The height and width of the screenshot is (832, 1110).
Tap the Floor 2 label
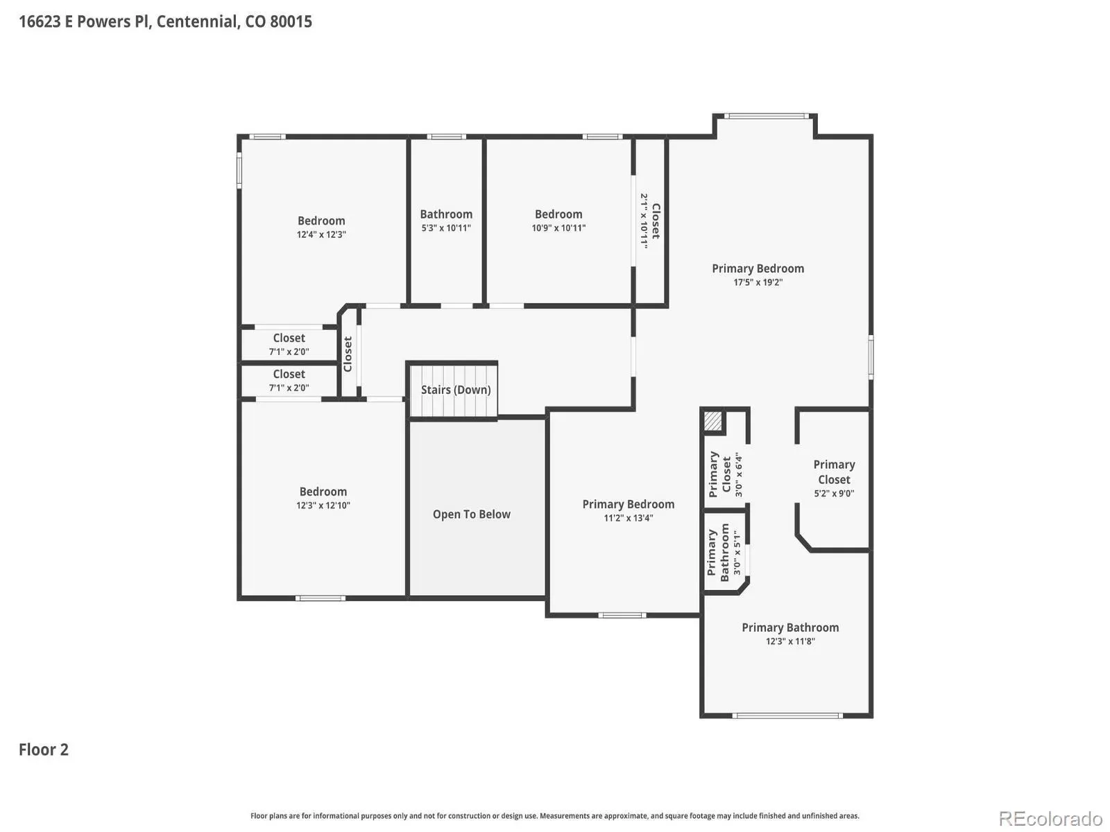pos(44,749)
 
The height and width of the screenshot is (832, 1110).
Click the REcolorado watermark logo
pos(1051,818)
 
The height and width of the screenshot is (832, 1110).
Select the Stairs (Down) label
pos(456,390)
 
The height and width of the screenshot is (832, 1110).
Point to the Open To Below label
pos(471,514)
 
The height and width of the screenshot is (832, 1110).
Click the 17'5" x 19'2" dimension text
pos(758,282)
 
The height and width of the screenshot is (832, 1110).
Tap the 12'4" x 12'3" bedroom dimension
pos(321,234)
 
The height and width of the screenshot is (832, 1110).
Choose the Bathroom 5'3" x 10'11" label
pos(446,220)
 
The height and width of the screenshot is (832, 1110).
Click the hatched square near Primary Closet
pos(713,421)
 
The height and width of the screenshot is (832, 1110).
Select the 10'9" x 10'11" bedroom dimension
pos(558,228)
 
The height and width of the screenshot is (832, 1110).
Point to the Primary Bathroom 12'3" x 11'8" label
pos(790,634)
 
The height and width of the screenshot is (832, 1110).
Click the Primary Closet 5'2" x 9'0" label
pos(834,478)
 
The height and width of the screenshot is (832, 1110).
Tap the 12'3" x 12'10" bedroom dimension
pos(323,505)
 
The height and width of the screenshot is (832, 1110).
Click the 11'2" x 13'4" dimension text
pos(628,517)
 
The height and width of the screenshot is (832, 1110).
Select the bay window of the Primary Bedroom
pos(766,116)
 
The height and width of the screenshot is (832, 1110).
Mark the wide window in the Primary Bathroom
pos(787,716)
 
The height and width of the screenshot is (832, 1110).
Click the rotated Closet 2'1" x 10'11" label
pos(650,220)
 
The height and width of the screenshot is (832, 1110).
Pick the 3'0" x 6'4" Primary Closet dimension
pos(738,475)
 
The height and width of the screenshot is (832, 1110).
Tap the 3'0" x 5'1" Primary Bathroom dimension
pos(737,552)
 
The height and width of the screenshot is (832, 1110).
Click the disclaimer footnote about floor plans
pos(555,815)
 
